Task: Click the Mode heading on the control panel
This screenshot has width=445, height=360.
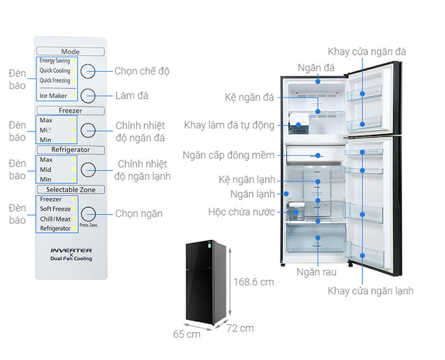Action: click(70, 52)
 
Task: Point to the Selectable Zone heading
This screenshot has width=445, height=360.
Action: click(70, 190)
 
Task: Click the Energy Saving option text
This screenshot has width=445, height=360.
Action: click(55, 62)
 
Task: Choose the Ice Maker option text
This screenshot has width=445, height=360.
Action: click(53, 96)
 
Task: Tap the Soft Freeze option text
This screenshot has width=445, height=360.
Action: click(55, 209)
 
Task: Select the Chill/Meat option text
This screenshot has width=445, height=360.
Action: click(55, 218)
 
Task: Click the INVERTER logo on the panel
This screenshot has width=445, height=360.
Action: click(71, 251)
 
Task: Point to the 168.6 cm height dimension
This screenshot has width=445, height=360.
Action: click(253, 281)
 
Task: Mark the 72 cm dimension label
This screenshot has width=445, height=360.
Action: click(239, 328)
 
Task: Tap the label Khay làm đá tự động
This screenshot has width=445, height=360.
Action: click(229, 125)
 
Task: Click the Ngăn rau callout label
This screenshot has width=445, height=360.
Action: click(316, 272)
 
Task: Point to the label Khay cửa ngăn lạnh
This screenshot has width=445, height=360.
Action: click(371, 291)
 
